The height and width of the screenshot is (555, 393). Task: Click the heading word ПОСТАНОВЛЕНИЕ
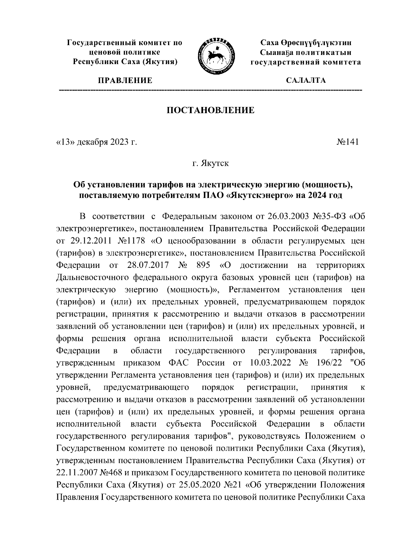(x=211, y=110)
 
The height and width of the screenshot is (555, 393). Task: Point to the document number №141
(x=347, y=142)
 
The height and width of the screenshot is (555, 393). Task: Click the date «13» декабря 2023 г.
(x=96, y=142)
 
